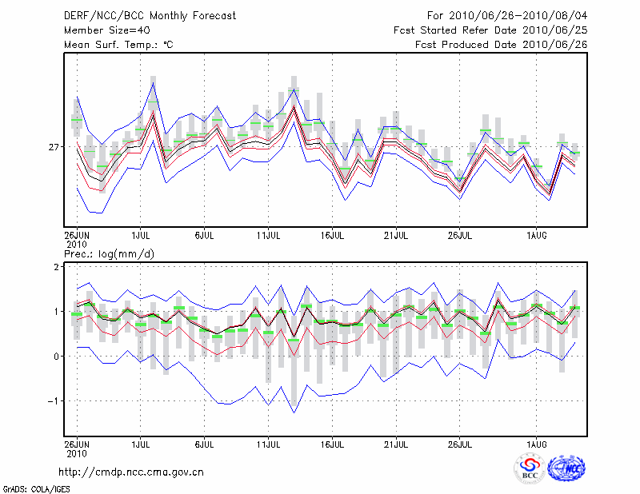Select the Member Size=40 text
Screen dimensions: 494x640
coord(101,30)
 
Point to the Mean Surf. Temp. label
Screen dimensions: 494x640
coord(118,45)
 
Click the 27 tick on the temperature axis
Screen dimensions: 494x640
coord(54,147)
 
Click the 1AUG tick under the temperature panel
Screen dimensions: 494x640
coord(537,236)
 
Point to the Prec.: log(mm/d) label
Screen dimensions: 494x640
coord(110,254)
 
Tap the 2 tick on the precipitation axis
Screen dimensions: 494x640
coord(55,266)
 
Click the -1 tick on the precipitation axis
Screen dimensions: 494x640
coord(53,401)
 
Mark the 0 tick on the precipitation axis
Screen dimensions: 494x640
coord(55,357)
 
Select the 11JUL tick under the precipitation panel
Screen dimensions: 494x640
coord(268,441)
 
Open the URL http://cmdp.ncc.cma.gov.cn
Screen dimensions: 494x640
coord(131,472)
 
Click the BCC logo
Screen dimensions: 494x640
coord(530,468)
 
